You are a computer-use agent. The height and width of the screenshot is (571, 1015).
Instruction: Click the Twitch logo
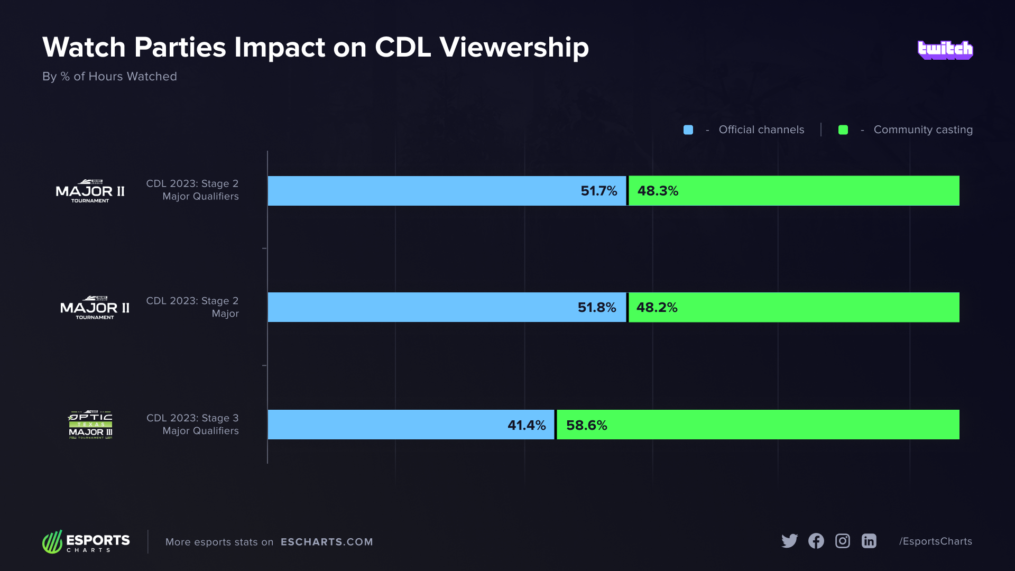pos(945,50)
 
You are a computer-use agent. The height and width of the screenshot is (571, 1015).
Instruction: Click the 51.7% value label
pos(598,191)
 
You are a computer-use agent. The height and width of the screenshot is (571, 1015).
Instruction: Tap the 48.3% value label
pos(658,191)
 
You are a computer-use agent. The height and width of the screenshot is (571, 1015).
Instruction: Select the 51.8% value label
pos(597,307)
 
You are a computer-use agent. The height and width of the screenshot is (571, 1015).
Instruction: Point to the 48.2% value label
pos(657,307)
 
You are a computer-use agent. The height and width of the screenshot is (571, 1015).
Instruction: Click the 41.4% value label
pos(527,425)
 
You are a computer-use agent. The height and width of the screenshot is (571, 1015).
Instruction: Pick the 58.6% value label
pos(586,425)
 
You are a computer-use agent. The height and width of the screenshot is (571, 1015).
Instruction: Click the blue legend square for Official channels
pos(688,130)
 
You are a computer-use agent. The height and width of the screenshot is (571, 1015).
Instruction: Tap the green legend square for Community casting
pos(843,130)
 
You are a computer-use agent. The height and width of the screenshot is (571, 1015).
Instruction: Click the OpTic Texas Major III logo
pos(90,425)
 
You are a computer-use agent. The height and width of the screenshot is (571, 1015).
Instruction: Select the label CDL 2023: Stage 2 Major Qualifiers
pos(192,190)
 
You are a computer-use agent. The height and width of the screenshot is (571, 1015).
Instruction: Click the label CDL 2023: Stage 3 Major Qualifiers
pos(192,425)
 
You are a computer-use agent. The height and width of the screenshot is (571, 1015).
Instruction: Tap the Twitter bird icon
pos(789,541)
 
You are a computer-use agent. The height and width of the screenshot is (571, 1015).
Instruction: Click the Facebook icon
pos(816,541)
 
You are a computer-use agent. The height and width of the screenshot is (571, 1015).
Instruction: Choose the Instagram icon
pos(843,541)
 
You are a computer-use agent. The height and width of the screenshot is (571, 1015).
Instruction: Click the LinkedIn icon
pos(869,541)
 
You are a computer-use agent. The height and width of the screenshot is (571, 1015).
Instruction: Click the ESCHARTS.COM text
pos(327,542)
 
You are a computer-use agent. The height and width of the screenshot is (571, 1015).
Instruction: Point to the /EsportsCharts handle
pos(935,541)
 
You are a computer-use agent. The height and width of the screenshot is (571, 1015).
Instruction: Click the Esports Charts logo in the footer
pos(86,542)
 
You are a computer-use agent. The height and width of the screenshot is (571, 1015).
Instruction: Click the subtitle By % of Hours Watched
pos(109,77)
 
